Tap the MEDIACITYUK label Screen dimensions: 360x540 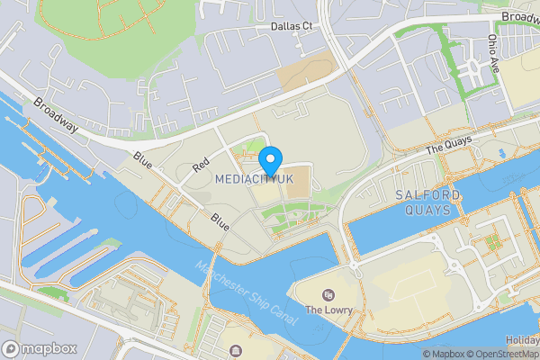(x=255, y=180)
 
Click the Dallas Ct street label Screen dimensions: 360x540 (x=291, y=27)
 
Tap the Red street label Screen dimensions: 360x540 (x=201, y=166)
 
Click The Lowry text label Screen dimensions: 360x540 (x=328, y=310)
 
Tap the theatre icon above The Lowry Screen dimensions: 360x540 (x=328, y=295)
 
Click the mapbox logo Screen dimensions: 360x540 (x=40, y=348)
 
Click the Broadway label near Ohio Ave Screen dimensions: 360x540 (x=520, y=17)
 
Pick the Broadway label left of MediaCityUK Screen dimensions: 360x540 (x=56, y=114)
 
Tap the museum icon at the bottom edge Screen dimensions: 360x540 (x=236, y=352)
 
